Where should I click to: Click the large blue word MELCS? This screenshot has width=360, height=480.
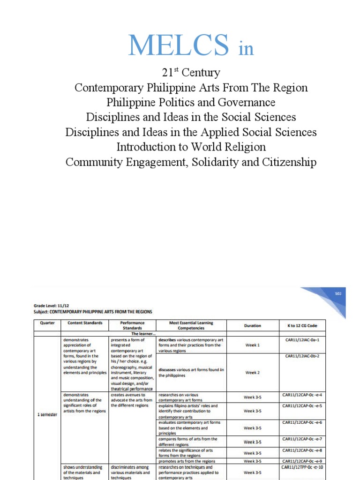coord(178,45)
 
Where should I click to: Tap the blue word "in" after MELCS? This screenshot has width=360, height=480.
coord(246,49)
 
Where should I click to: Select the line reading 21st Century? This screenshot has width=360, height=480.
coord(191,73)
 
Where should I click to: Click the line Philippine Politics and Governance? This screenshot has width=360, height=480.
coord(191,102)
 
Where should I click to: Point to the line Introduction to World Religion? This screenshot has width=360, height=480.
coord(191,147)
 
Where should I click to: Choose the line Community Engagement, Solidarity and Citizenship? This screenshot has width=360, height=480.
coord(191,162)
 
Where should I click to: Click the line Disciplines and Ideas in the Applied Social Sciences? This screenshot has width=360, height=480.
coord(191,132)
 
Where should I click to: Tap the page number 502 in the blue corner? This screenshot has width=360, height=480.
coord(337,294)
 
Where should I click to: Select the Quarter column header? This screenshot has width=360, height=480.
coord(47,323)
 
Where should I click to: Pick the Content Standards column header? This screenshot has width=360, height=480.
coord(85,323)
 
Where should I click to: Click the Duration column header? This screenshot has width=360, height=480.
coord(252,325)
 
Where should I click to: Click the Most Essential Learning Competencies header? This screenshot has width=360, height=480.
coord(191,325)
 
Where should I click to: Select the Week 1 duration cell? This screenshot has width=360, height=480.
coord(252,345)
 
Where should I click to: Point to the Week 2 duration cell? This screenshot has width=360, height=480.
coord(252,373)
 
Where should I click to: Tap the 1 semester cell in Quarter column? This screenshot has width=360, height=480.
coord(47,415)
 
